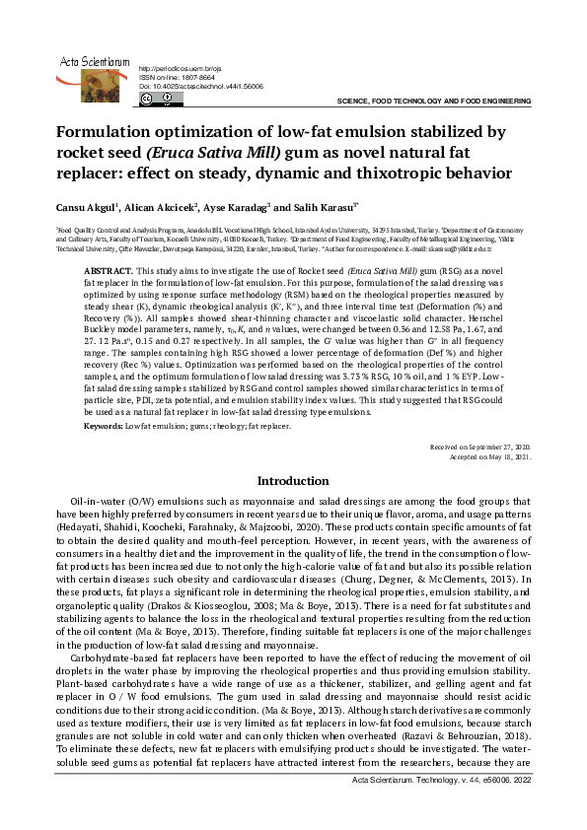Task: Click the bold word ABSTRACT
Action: (108, 269)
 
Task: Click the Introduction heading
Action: (293, 481)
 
